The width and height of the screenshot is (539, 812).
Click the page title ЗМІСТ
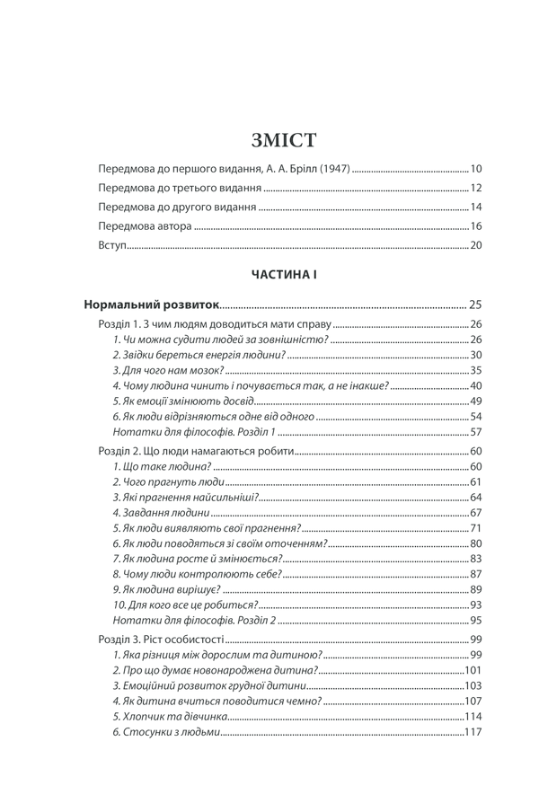[x=286, y=141]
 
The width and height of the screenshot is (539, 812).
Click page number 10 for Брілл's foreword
[x=477, y=169]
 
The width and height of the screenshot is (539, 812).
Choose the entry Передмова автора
[x=144, y=226]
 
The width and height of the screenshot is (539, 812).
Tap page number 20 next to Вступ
[x=477, y=246]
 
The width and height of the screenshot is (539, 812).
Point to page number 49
[x=477, y=401]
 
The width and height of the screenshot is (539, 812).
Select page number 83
[x=477, y=559]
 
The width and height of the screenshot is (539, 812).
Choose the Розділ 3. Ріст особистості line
[x=158, y=639]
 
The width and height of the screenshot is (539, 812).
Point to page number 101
[x=474, y=670]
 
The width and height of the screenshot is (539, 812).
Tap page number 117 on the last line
[x=474, y=732]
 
